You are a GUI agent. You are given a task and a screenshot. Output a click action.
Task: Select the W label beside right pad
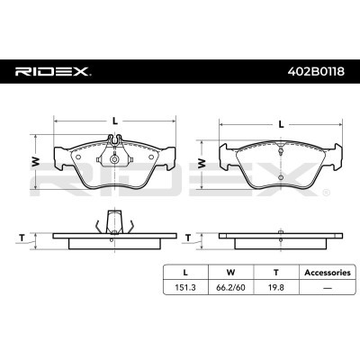[x=202, y=162]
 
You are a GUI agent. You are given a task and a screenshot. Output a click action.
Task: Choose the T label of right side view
[x=187, y=238]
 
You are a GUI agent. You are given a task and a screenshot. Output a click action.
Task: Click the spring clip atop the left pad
[x=113, y=144]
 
